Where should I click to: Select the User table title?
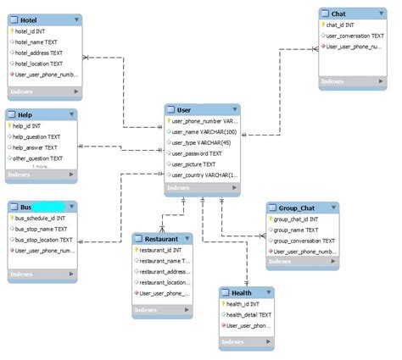[184, 110]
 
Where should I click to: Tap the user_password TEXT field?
[197, 153]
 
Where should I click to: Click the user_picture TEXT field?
[194, 164]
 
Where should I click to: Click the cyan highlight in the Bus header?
[49, 207]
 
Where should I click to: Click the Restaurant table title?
[161, 239]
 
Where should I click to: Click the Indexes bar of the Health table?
[247, 344]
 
